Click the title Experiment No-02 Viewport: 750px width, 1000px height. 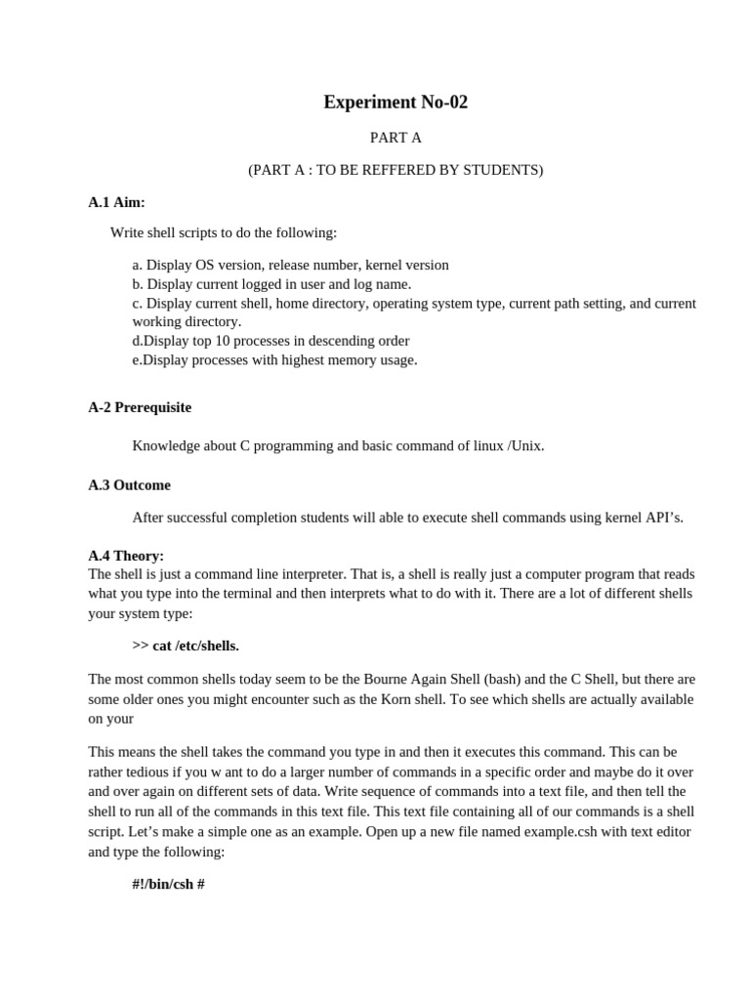coord(396,103)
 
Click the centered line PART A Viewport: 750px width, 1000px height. coord(396,138)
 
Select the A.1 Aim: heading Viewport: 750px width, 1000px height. coord(116,202)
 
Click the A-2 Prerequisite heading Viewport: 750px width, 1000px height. coord(140,407)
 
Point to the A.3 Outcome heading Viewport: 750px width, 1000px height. coord(129,484)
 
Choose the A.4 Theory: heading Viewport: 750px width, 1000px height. coord(126,555)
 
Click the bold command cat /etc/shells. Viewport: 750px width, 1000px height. coord(195,646)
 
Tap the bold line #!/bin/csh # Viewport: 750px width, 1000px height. coord(168,884)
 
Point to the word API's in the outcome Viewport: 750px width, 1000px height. coord(663,518)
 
